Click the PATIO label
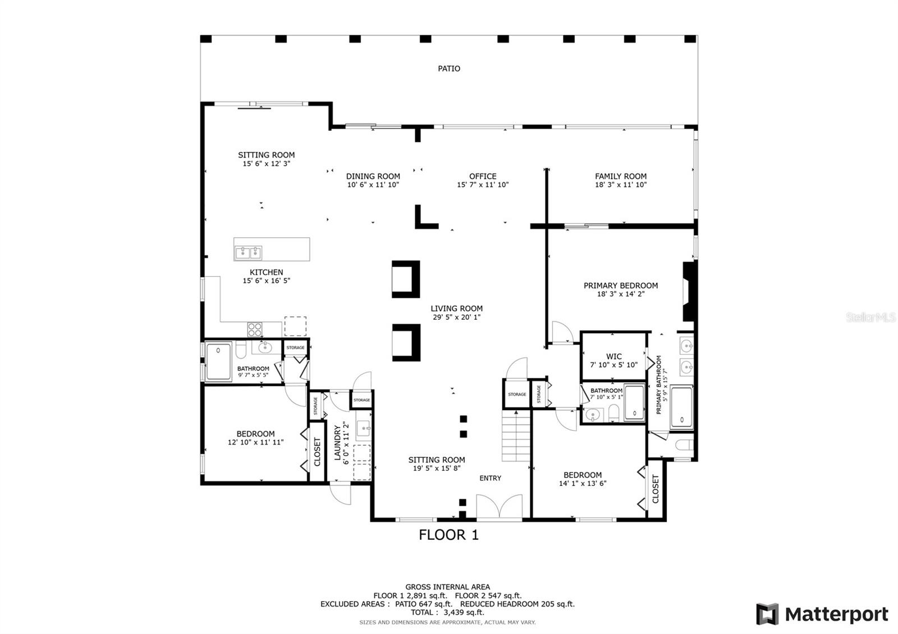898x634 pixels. [x=448, y=68]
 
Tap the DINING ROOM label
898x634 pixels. [x=373, y=176]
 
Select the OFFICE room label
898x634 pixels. [x=483, y=176]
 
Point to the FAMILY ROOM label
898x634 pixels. [x=621, y=176]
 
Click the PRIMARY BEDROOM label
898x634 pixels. [x=621, y=286]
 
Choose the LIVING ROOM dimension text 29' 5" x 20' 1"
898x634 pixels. [x=456, y=318]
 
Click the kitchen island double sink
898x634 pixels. [x=249, y=253]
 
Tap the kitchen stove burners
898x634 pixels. [x=255, y=330]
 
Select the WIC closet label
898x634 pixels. [x=614, y=356]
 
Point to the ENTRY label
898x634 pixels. [x=491, y=478]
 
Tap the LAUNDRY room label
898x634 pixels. [x=337, y=443]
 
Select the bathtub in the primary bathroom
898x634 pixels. [x=681, y=407]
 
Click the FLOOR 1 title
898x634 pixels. [x=448, y=535]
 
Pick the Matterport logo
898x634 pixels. [x=822, y=614]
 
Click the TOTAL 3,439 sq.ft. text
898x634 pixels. [x=447, y=612]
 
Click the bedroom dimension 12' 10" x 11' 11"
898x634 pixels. [x=255, y=443]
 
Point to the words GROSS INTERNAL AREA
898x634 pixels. [x=447, y=587]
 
